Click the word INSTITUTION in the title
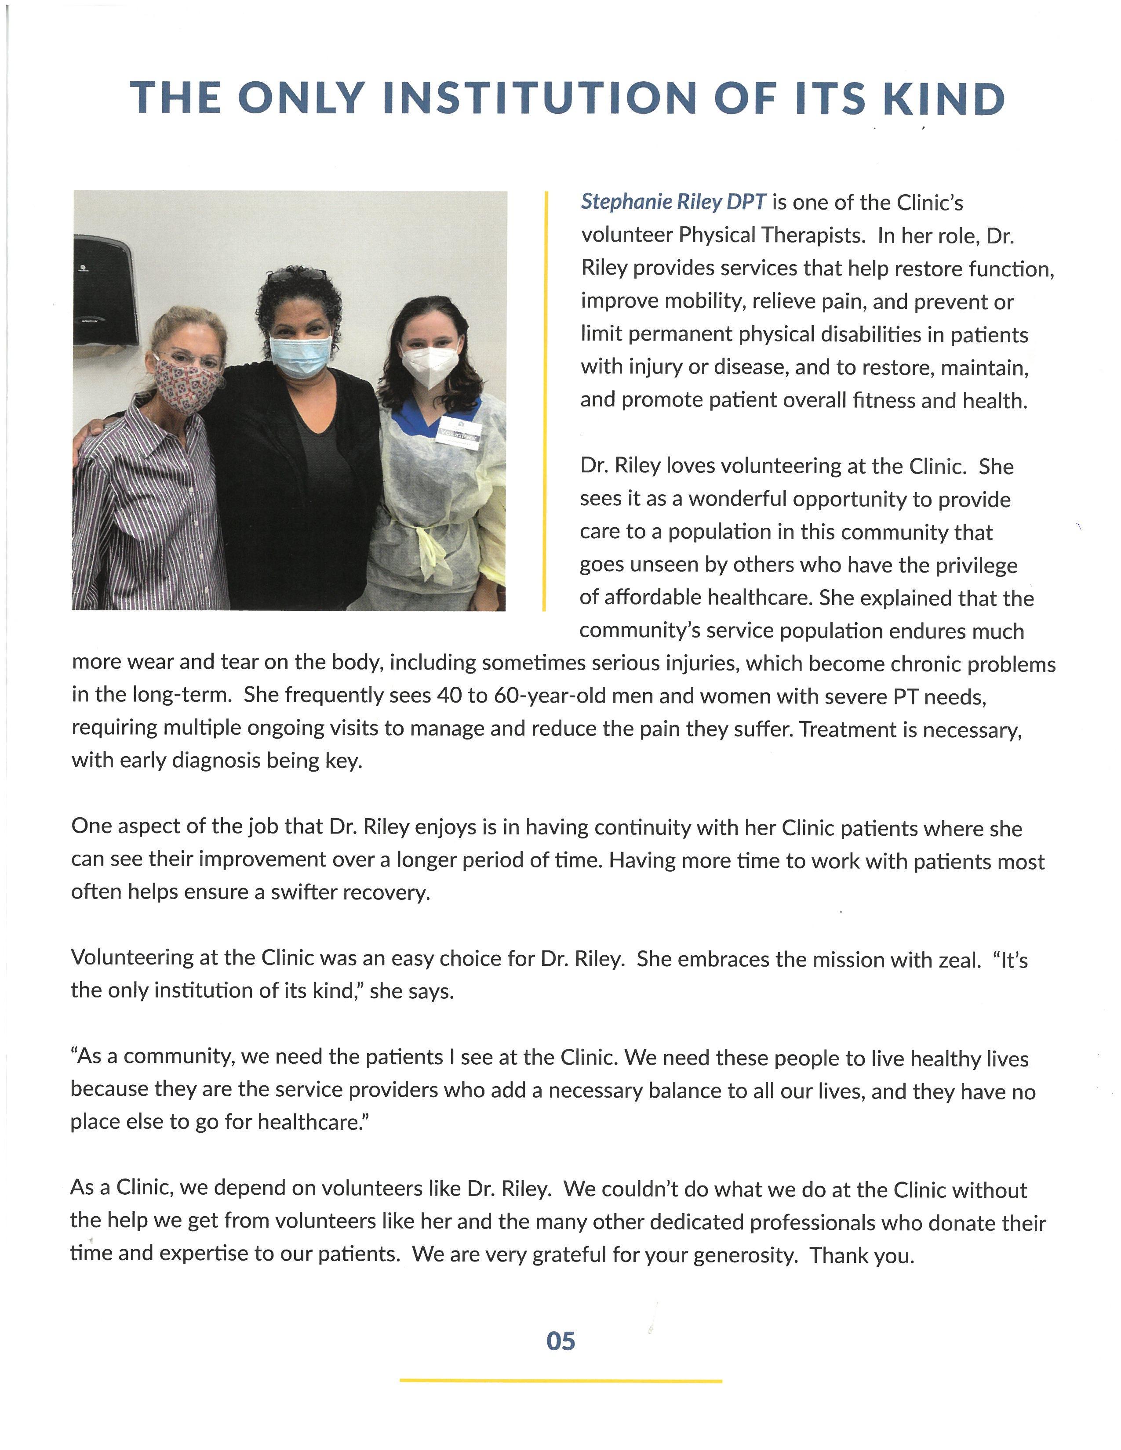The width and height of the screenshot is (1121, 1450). (x=540, y=98)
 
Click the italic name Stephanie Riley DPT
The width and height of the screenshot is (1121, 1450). (x=673, y=202)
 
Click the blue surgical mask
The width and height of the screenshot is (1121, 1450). (x=300, y=356)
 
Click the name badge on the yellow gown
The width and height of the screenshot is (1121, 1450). (x=458, y=432)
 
